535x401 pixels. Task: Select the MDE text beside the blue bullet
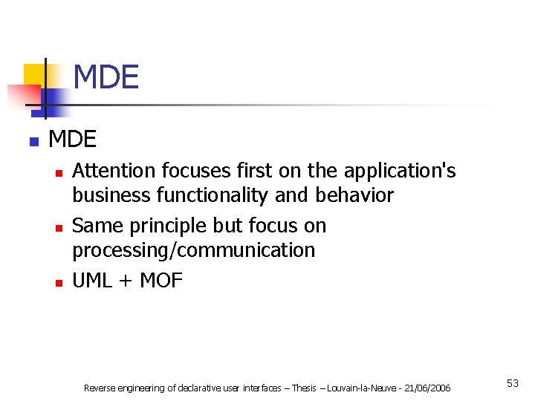pyautogui.click(x=72, y=139)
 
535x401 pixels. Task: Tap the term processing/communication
pyautogui.click(x=193, y=250)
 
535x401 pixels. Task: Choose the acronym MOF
pyautogui.click(x=161, y=281)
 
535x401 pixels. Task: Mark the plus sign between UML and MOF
pyautogui.click(x=126, y=281)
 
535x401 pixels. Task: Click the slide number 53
pyautogui.click(x=513, y=383)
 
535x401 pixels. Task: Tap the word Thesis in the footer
pyautogui.click(x=303, y=388)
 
